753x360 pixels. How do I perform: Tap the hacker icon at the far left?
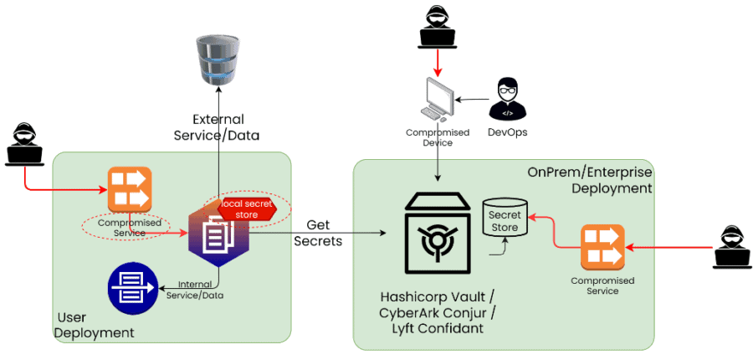point(25,144)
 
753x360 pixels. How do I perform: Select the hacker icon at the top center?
point(438,26)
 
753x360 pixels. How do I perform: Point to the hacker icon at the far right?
point(732,245)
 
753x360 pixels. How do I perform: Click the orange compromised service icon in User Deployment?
point(130,189)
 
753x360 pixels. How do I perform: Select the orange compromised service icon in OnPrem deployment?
point(602,247)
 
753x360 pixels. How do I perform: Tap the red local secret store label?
point(248,208)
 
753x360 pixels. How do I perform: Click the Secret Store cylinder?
point(505,220)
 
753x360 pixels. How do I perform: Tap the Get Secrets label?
point(318,233)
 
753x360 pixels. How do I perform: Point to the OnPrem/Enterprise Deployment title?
point(589,179)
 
